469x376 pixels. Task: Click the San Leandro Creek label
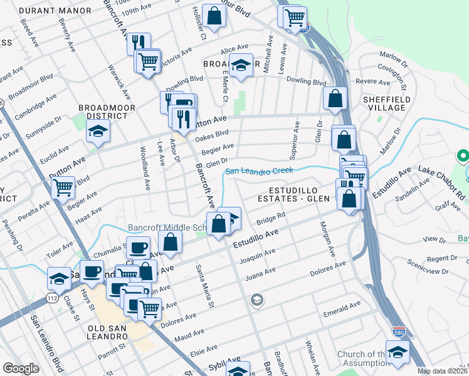[x=259, y=170]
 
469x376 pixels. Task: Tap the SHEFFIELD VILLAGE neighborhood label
[x=386, y=103]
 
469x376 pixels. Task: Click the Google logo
[x=21, y=368]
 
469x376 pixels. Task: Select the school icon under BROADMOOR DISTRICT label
[x=98, y=131]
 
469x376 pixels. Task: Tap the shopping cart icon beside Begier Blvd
[x=63, y=187]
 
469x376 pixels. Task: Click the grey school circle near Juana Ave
[x=256, y=301]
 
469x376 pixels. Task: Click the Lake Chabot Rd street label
[x=443, y=180]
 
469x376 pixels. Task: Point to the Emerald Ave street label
[x=342, y=306]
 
